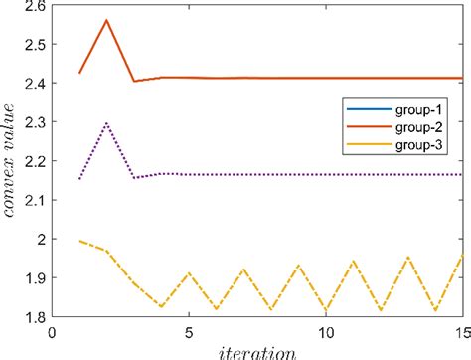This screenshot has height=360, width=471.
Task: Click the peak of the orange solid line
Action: point(106,20)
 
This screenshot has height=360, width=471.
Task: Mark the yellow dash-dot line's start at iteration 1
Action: point(79,241)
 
